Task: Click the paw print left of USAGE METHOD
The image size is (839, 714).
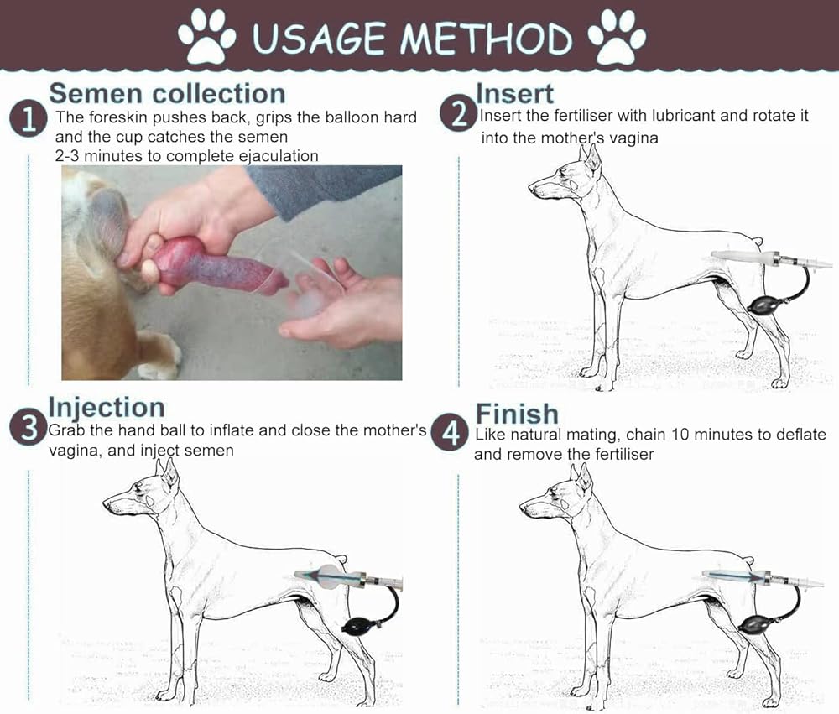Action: [206, 36]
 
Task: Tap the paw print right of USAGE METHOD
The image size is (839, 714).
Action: [617, 36]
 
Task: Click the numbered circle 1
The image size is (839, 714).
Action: [28, 118]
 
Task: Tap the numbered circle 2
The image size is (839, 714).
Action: [459, 114]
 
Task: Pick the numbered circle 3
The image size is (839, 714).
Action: [29, 427]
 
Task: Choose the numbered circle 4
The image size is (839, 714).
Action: [450, 432]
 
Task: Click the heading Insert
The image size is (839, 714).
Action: [514, 94]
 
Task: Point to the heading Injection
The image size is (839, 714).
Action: [107, 408]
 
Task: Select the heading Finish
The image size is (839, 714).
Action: [517, 414]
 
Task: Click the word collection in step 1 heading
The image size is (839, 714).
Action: [219, 94]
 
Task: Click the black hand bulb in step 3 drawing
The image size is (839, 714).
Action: [360, 625]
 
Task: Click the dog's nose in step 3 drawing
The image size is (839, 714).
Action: [107, 503]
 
